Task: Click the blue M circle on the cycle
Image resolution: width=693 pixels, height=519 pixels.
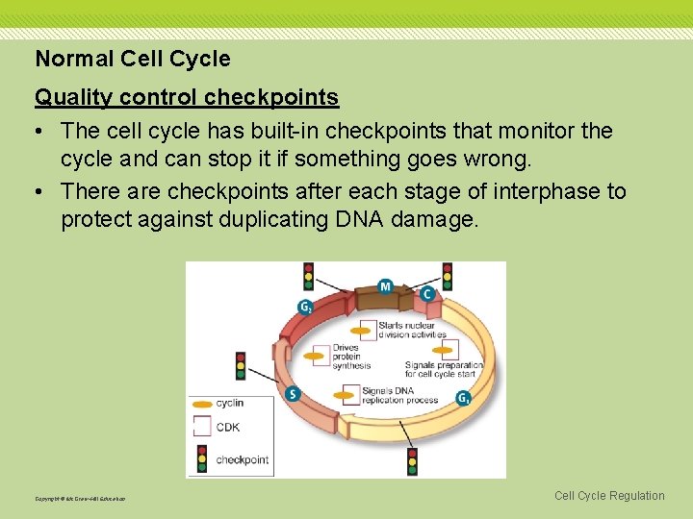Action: [385, 286]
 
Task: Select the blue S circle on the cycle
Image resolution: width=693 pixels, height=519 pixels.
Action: [293, 394]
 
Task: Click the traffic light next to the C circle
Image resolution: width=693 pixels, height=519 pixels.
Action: [447, 276]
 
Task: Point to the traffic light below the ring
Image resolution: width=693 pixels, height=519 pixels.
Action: [412, 460]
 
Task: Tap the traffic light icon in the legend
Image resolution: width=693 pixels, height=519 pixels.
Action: [202, 458]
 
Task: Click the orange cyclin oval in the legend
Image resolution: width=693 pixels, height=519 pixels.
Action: [202, 404]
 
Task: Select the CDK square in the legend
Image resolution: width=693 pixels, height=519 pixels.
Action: [202, 428]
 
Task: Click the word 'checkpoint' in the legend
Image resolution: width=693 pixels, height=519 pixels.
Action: [243, 459]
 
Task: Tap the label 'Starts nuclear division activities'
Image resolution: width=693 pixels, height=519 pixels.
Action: [412, 331]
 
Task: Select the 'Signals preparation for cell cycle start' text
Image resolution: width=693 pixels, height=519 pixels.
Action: [443, 370]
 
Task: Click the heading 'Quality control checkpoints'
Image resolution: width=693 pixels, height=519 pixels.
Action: [187, 97]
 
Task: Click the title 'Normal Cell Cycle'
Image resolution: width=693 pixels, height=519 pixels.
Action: [133, 59]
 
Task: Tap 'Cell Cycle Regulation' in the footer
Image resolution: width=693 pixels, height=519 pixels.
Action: [609, 496]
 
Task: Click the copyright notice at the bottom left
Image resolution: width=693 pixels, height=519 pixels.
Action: [80, 499]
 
